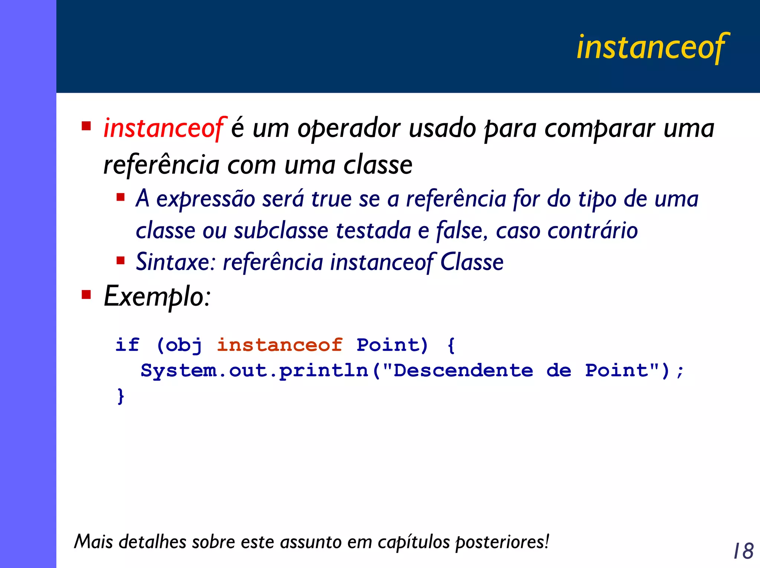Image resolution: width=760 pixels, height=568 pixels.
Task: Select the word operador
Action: point(349,128)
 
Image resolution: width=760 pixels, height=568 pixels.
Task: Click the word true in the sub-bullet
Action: point(331,199)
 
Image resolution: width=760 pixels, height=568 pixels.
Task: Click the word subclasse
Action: point(281,231)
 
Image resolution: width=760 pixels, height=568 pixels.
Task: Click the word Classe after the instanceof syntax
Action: point(471,262)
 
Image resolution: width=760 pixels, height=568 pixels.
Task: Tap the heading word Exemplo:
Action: point(157,297)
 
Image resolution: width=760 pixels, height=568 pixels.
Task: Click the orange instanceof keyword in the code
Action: point(279,345)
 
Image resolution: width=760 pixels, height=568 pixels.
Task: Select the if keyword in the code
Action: point(127,345)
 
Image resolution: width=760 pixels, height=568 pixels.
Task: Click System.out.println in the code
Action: point(254,371)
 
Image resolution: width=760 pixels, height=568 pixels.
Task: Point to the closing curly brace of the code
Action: point(121,396)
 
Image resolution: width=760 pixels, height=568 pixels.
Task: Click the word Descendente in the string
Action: point(463,371)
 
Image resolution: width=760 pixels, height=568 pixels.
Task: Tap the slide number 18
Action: point(743,551)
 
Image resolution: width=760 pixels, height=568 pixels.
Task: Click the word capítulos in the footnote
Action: point(414,542)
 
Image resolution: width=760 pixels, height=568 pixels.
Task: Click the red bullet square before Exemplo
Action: point(86,295)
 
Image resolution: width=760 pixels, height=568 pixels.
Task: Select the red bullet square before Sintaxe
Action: point(120,260)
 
